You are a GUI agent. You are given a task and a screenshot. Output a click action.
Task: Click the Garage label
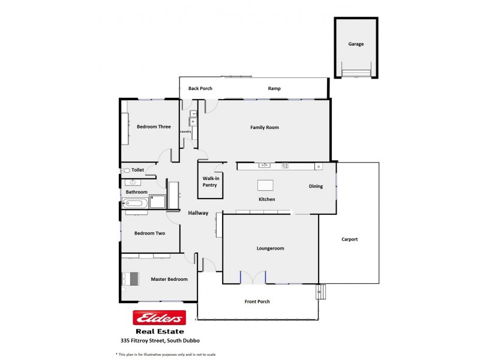point(356,44)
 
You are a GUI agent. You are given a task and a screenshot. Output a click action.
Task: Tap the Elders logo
point(159,318)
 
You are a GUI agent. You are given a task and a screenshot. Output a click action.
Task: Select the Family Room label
point(265,127)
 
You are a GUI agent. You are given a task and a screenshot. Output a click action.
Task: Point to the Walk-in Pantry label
point(210,182)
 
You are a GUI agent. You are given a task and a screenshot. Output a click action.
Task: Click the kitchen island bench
point(265,185)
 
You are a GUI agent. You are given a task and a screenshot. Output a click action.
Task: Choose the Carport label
point(349,239)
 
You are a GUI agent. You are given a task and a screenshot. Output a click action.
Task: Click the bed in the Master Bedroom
point(131,279)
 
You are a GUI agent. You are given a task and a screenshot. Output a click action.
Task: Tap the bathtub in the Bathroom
point(135,203)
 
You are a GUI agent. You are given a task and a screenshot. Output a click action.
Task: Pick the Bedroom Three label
point(154,127)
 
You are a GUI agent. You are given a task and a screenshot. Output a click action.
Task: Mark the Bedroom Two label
point(149,233)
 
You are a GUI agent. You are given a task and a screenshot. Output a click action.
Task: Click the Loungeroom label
point(270,248)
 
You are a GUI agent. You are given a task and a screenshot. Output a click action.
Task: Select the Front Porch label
point(257,302)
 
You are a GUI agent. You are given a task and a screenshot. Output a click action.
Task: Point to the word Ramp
point(274,89)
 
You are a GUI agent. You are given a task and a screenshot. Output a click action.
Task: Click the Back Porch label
point(200,89)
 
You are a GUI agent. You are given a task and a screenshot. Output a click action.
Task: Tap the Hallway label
point(198,213)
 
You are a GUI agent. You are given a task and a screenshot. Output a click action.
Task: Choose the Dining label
point(316,186)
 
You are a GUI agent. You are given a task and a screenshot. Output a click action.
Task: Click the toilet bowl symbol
point(126,170)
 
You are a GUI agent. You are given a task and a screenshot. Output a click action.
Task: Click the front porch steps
point(321,291)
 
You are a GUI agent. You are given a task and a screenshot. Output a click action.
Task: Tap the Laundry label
point(185,131)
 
